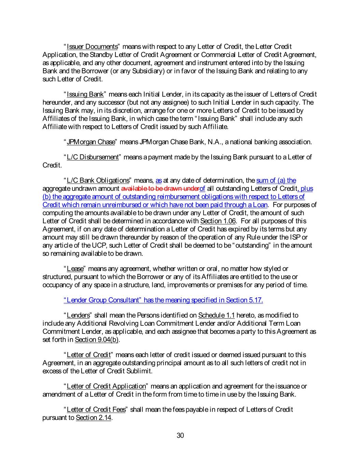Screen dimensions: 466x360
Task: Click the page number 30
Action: click(180, 435)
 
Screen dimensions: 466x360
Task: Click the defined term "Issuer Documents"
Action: click(92, 46)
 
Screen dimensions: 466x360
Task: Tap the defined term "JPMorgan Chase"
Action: click(91, 142)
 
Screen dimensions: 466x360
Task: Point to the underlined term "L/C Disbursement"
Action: click(92, 157)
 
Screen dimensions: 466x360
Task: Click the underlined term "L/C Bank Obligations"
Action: click(98, 180)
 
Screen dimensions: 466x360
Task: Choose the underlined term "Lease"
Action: click(75, 269)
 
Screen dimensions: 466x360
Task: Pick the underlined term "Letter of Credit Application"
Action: click(106, 386)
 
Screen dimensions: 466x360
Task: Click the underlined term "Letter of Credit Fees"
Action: click(96, 409)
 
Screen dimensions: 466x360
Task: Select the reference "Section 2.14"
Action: click(93, 418)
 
